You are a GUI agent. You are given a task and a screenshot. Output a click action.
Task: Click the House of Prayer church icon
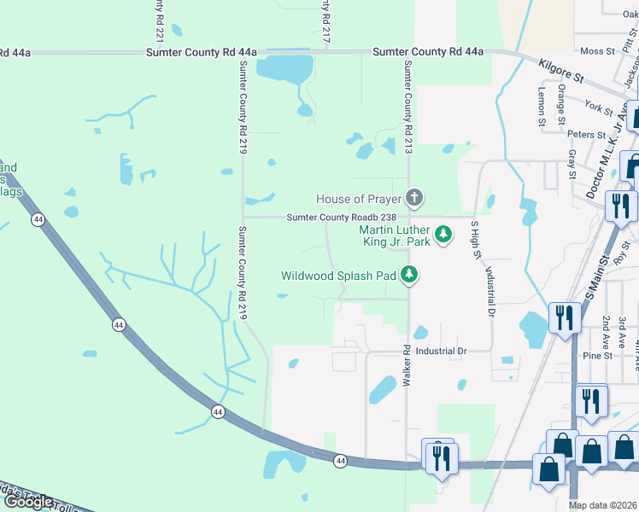pyautogui.click(x=414, y=199)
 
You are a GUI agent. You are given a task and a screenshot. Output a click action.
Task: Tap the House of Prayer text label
pyautogui.click(x=358, y=199)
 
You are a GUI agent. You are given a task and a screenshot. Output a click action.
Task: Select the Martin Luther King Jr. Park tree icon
pyautogui.click(x=443, y=233)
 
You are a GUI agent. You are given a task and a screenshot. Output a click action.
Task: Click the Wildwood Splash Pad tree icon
pyautogui.click(x=410, y=275)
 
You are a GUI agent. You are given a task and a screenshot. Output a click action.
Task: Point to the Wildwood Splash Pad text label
pyautogui.click(x=339, y=276)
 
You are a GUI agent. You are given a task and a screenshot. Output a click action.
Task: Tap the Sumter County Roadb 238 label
pyautogui.click(x=341, y=218)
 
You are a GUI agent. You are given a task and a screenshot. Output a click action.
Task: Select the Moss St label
pyautogui.click(x=597, y=51)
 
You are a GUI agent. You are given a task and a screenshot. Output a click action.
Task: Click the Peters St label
pyautogui.click(x=586, y=135)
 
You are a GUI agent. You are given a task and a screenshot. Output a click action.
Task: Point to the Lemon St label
pyautogui.click(x=542, y=107)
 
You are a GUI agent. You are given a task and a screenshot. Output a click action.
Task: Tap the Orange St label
pyautogui.click(x=561, y=101)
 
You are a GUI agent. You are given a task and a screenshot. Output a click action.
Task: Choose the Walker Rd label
pyautogui.click(x=407, y=363)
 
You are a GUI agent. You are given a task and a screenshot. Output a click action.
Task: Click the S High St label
pyautogui.click(x=476, y=239)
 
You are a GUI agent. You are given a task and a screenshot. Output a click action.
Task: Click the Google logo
pyautogui.click(x=27, y=502)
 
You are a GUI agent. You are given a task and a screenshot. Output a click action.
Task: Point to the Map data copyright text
pyautogui.click(x=603, y=505)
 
